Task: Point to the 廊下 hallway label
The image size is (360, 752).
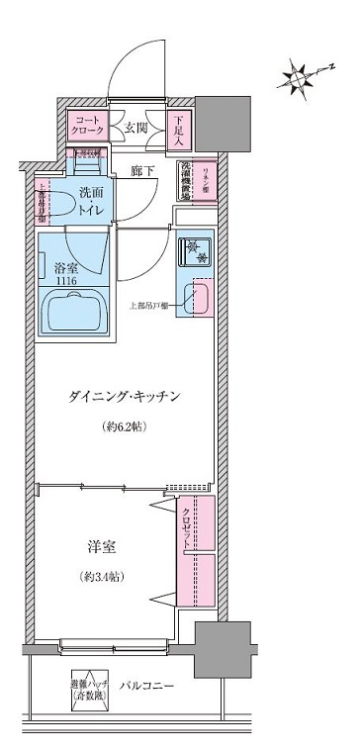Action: pyautogui.click(x=142, y=172)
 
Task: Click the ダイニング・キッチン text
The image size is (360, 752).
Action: pyautogui.click(x=123, y=395)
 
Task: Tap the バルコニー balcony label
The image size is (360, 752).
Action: pyautogui.click(x=149, y=685)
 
